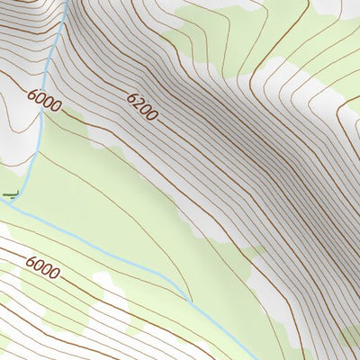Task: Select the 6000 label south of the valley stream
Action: [x=42, y=266]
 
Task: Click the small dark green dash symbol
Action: [x=11, y=193]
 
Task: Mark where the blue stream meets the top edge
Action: [x=63, y=1]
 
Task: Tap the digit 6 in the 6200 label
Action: [x=130, y=96]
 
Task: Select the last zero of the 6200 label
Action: [x=154, y=116]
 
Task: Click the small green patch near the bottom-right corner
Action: [x=351, y=338]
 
